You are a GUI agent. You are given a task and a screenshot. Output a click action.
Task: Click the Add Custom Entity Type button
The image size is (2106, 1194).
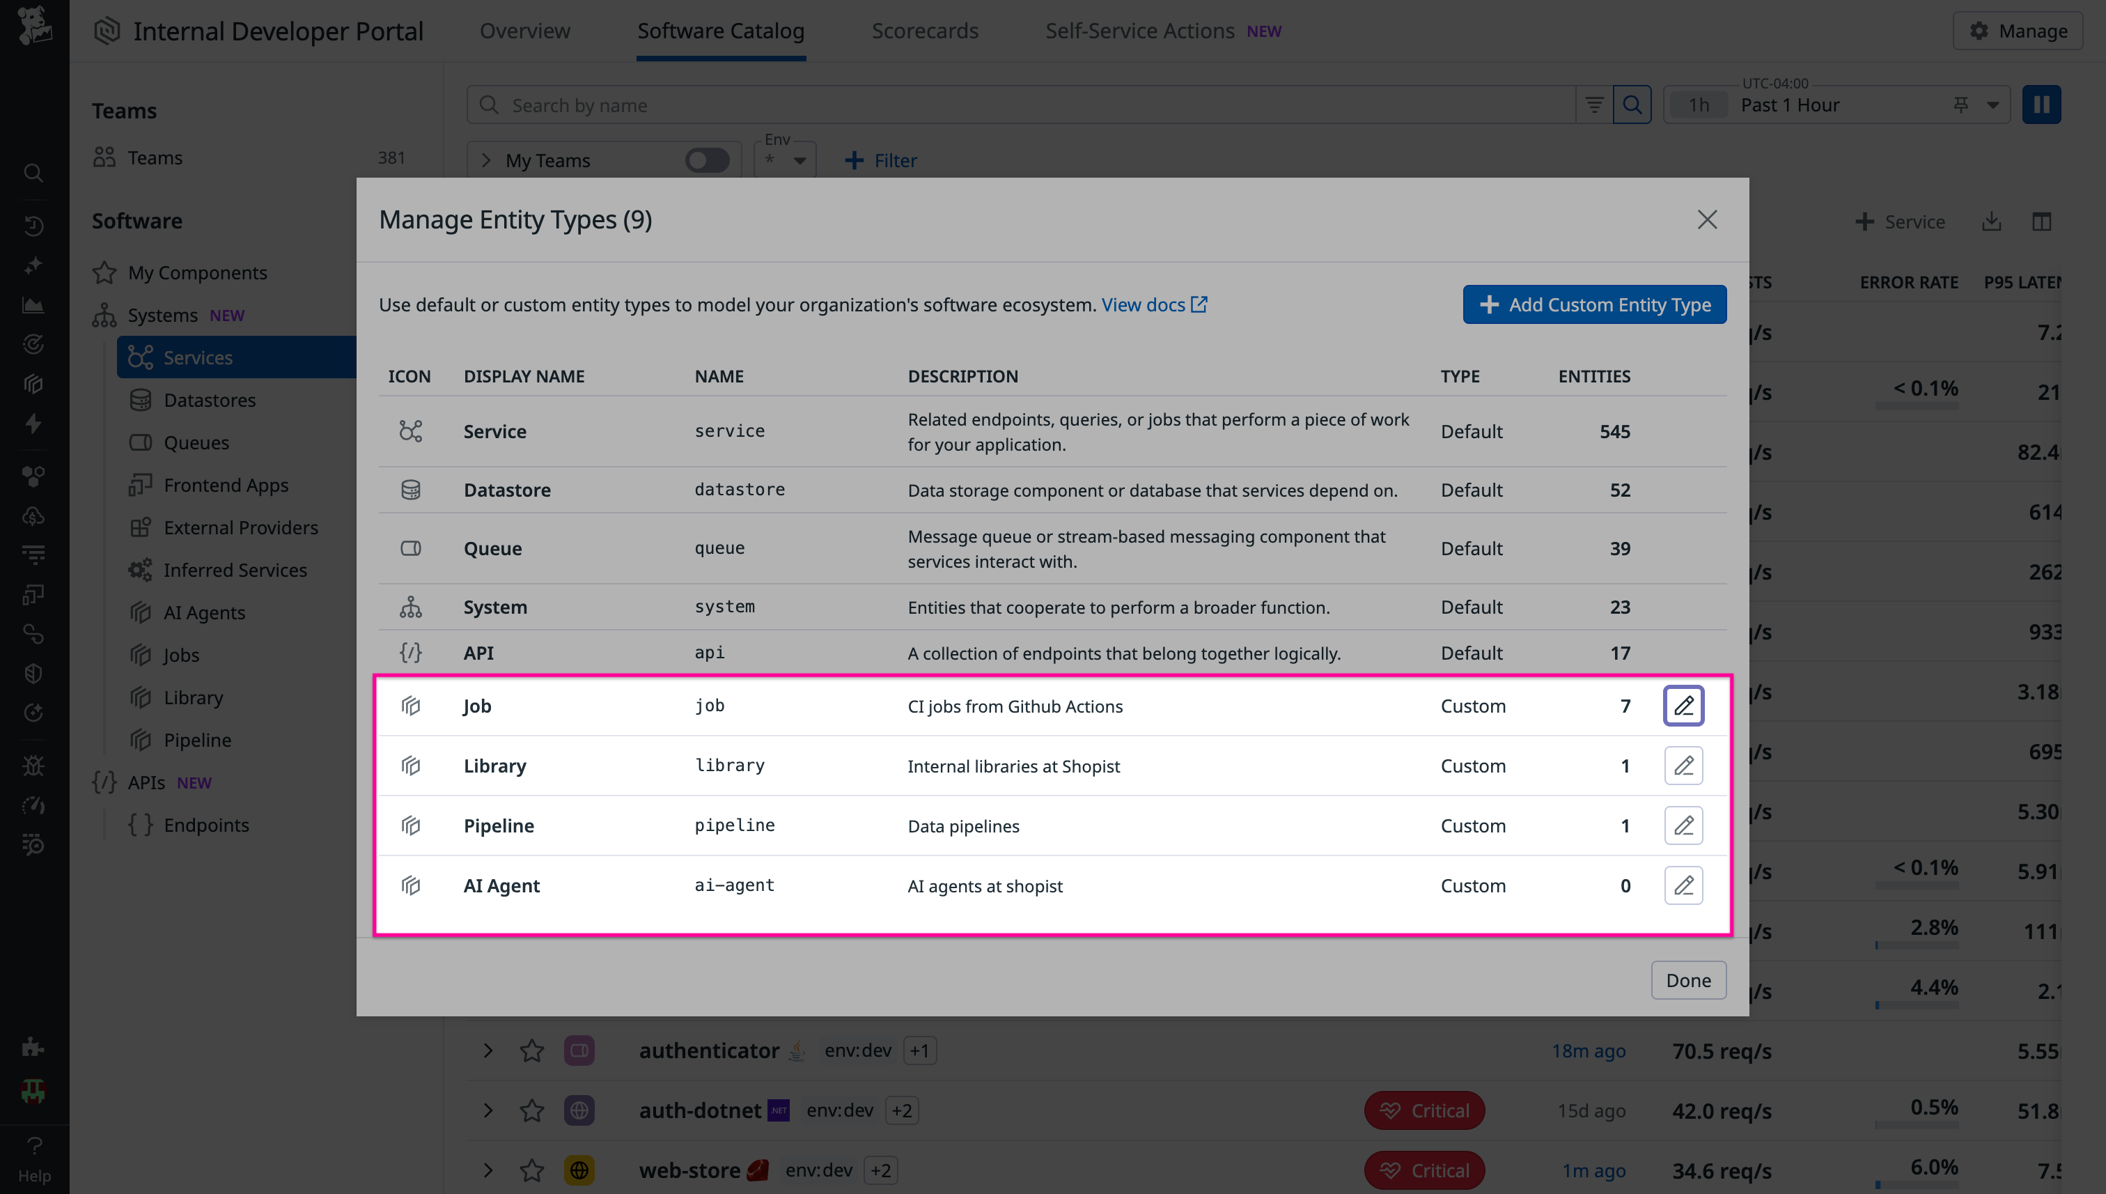[x=1593, y=304]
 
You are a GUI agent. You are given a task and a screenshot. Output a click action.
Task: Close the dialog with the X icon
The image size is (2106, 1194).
[x=1706, y=219]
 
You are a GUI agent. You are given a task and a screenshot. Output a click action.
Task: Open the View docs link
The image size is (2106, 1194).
[x=1153, y=304]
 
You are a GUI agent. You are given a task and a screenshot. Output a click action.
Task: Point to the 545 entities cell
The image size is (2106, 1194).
[x=1614, y=431]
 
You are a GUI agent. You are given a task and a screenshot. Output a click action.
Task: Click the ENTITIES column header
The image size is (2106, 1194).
[x=1593, y=376]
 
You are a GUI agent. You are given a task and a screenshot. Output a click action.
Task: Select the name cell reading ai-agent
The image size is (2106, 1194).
[x=734, y=885]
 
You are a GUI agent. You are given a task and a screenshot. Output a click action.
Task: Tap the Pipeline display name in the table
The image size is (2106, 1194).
[x=499, y=825]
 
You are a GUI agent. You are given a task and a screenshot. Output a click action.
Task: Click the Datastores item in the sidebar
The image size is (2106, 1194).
[x=209, y=400]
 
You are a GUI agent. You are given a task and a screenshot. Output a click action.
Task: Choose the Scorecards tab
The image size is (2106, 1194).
[x=924, y=31]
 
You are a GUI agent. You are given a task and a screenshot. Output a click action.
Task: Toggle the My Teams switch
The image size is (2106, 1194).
[x=707, y=160]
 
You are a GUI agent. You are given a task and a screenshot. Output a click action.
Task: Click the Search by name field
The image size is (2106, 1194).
[x=1017, y=105]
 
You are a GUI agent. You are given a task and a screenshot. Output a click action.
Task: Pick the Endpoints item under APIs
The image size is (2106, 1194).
[x=205, y=825]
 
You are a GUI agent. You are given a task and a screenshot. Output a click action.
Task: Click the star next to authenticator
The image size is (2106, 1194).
[x=531, y=1050]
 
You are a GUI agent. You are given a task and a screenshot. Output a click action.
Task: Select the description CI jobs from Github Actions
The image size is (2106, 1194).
[x=1014, y=706]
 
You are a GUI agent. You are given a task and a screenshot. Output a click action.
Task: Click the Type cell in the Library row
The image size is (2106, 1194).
[x=1472, y=766]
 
